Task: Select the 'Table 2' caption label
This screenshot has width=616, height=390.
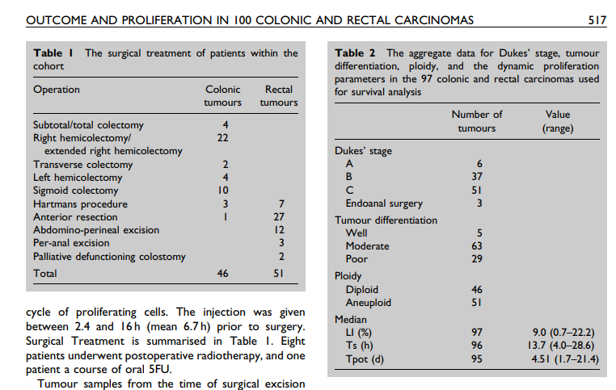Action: point(357,53)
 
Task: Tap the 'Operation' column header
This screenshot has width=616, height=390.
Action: point(56,90)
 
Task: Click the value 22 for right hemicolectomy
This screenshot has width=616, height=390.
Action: point(226,138)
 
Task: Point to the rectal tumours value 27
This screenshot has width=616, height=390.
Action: point(280,217)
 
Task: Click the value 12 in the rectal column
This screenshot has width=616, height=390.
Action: point(280,230)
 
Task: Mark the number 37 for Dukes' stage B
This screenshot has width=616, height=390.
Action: point(476,177)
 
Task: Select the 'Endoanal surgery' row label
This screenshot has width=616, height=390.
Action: point(384,203)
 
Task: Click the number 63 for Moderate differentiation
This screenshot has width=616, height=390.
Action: point(476,246)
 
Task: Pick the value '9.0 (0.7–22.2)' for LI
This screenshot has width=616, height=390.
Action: point(563,333)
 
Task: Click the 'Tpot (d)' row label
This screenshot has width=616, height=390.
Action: point(365,359)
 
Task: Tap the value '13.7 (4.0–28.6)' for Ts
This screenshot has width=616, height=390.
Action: point(563,346)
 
